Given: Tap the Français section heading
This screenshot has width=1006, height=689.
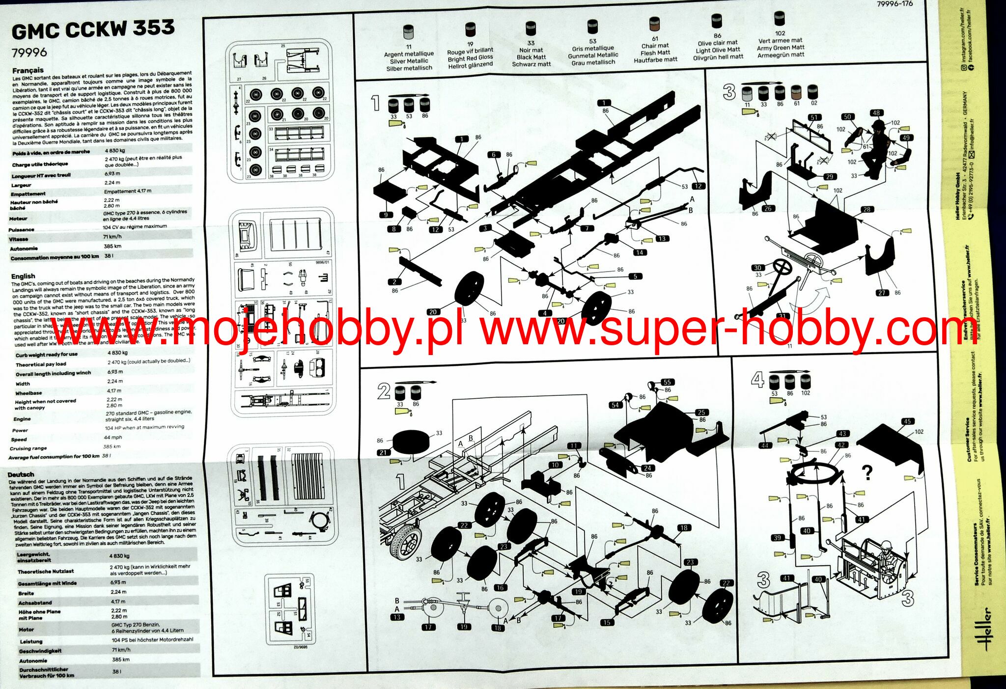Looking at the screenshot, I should (28, 70).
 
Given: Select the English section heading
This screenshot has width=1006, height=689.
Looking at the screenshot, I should (23, 276).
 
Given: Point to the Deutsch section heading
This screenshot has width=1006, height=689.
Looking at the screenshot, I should (21, 474).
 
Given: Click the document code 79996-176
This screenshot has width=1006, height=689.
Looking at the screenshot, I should (894, 3).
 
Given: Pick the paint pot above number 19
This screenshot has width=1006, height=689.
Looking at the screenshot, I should (470, 30).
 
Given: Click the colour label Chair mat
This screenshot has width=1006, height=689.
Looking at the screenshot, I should (655, 46).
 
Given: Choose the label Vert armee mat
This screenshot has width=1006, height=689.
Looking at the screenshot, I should (780, 41).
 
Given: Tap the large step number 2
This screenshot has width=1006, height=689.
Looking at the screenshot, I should (384, 391).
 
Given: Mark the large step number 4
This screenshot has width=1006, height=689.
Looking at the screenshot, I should (757, 379).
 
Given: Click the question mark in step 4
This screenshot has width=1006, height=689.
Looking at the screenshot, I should (867, 472).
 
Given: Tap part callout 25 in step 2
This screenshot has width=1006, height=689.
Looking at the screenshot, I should (701, 413).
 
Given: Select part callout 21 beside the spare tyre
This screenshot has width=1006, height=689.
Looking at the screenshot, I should (383, 452).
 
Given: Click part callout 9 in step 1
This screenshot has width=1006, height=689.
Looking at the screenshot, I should (386, 215).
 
